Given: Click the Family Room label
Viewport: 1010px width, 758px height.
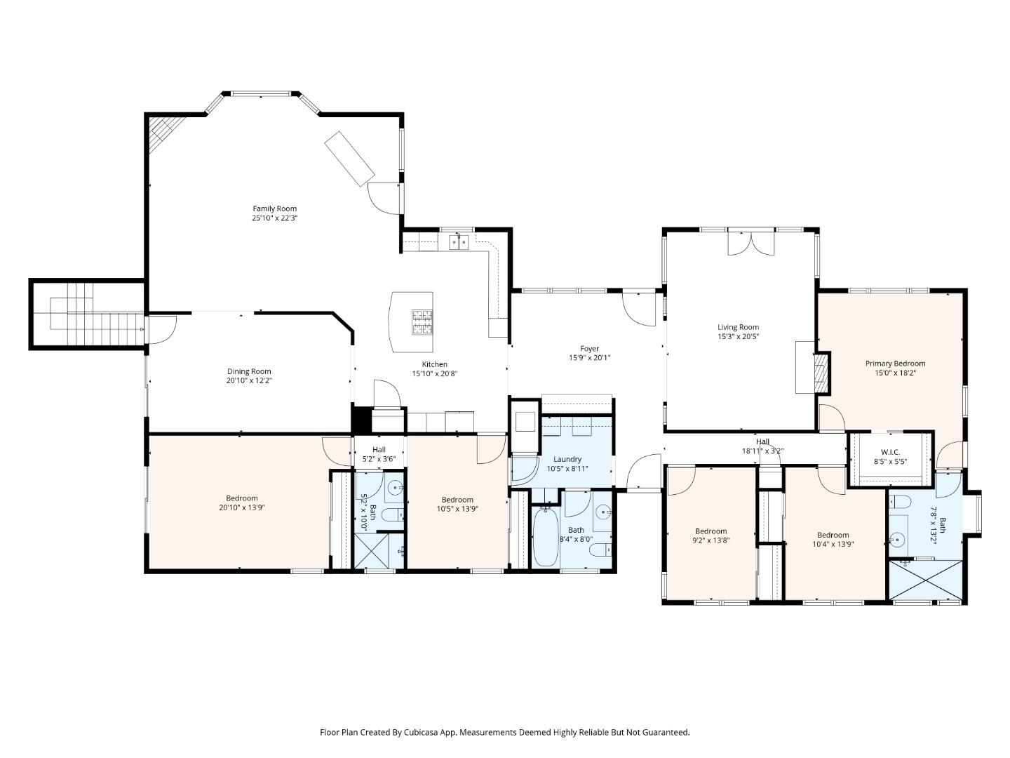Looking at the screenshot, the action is (275, 208).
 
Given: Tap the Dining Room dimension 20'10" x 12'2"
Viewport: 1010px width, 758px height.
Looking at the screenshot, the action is (249, 380).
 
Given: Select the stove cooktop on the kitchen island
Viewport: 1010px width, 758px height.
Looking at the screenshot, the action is (422, 321).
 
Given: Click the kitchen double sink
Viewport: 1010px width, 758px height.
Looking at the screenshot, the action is (459, 241).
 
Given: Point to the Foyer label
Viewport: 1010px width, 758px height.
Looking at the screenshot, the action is (589, 348).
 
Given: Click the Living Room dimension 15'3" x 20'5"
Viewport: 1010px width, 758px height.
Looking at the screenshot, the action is (738, 336).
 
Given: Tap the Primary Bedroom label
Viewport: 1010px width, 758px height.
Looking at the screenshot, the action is (895, 363).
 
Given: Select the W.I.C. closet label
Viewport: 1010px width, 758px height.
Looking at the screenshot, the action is (890, 452).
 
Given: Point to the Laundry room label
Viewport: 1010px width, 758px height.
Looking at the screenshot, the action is (567, 459).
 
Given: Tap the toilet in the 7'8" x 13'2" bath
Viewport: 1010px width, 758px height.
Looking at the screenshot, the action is (899, 501).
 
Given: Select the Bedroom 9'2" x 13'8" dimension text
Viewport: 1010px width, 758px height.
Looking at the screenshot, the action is (711, 540).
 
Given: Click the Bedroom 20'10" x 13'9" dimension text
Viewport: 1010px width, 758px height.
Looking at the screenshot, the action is (242, 507).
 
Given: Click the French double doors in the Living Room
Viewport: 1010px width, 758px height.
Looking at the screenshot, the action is (751, 243).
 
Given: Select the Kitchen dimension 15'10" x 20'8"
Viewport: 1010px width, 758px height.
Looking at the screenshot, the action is (435, 373).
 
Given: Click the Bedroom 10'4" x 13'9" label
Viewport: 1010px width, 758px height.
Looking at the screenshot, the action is (833, 535).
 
